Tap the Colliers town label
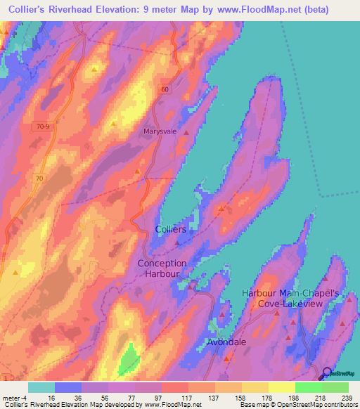170,230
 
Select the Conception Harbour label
162,268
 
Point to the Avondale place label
227,343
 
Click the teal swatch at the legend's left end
41,387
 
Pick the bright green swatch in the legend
308,387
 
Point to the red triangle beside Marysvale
186,132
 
